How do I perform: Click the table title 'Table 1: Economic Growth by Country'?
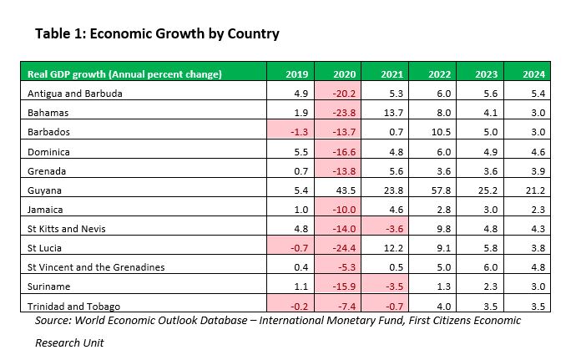157,34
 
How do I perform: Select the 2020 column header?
345,74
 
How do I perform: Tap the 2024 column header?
535,74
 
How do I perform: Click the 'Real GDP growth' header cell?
124,74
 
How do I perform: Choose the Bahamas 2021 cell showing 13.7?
392,113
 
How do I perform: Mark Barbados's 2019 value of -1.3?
297,132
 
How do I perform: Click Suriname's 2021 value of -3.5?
392,286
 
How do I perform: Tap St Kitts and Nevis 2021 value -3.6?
392,229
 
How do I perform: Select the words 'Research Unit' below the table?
70,342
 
